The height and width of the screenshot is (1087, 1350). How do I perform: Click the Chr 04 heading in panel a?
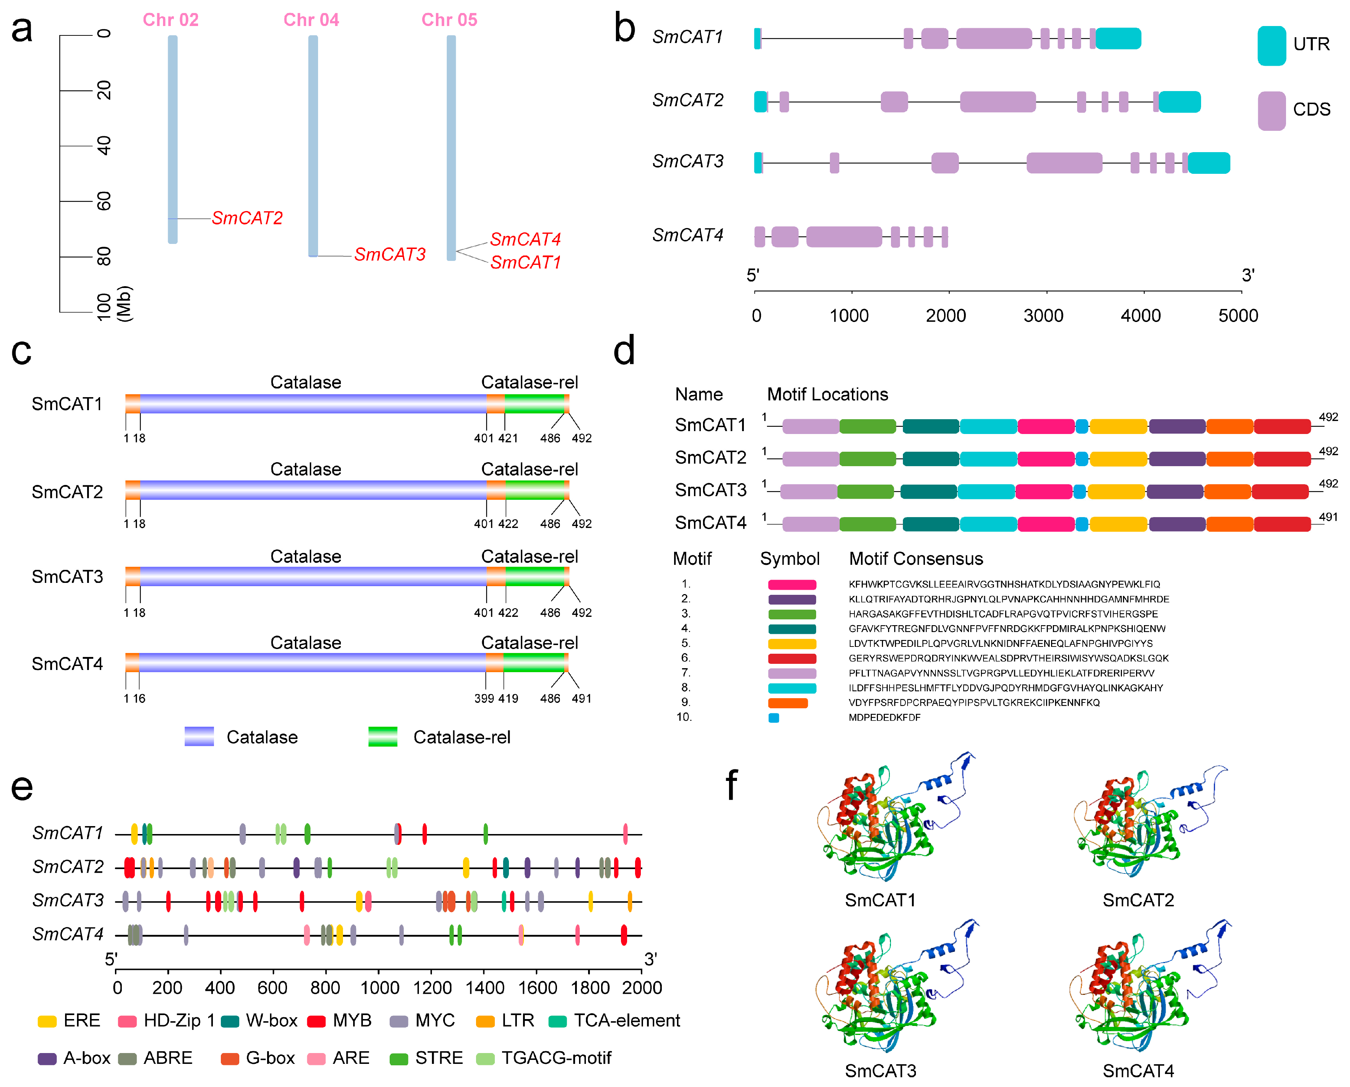[x=311, y=20]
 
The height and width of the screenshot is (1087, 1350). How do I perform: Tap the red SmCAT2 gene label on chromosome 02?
[x=247, y=218]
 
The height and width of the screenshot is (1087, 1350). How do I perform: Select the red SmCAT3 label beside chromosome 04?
[x=390, y=254]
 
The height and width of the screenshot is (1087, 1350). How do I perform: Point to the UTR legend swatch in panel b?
[x=1271, y=46]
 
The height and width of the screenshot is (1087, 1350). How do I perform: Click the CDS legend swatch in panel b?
[x=1271, y=111]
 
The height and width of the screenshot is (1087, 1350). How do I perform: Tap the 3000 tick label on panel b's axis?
[x=1043, y=315]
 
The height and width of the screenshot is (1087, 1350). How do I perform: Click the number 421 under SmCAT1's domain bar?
[x=508, y=438]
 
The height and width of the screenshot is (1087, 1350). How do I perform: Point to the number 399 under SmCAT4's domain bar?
[x=484, y=698]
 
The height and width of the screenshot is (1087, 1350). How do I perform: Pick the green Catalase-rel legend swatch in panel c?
[x=382, y=736]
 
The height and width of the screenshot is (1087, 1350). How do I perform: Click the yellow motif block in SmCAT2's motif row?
[x=1118, y=459]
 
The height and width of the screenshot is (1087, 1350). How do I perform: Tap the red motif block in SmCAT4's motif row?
[x=1282, y=524]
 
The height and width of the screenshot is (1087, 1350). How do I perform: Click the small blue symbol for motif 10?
[x=774, y=718]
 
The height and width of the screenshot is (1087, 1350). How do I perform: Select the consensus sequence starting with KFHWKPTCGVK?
[x=1004, y=584]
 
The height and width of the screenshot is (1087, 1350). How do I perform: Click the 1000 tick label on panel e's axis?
[x=380, y=988]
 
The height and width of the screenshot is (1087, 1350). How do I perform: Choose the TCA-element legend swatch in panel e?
[x=557, y=1021]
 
